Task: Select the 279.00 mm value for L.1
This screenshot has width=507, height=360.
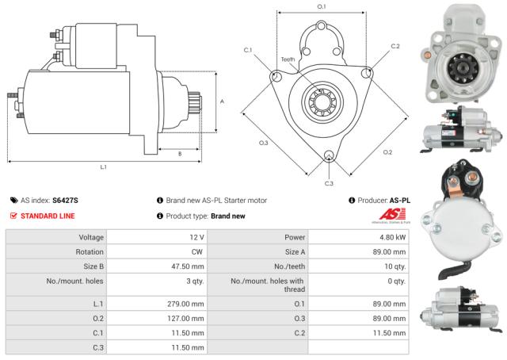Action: [187, 304]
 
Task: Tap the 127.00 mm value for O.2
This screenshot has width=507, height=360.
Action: [187, 319]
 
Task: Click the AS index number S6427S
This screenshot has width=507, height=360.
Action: [65, 201]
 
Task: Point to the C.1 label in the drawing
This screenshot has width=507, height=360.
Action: [247, 50]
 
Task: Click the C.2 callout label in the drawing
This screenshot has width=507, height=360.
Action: [395, 47]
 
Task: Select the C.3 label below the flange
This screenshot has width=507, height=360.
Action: [329, 183]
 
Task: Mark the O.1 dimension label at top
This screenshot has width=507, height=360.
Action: [322, 7]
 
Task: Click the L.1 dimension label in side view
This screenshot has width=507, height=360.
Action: [104, 167]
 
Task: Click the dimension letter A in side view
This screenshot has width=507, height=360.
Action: [223, 101]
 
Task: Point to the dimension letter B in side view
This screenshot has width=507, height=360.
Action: [180, 153]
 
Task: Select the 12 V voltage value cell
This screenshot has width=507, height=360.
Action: [197, 237]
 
